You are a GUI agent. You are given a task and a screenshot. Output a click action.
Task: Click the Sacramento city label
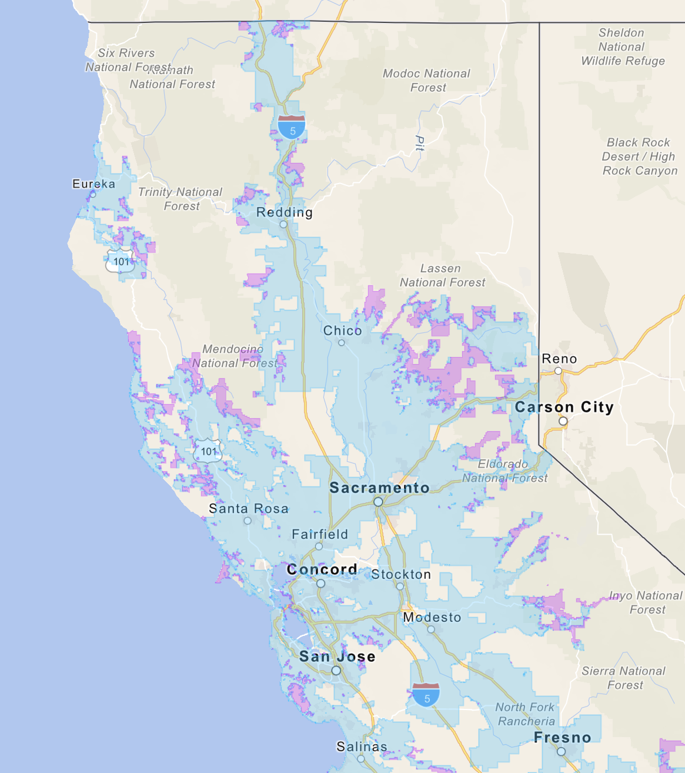coord(379,488)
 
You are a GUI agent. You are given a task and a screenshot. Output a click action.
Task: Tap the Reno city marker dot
coord(558,371)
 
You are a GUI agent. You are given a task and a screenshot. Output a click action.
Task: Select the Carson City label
coord(564,407)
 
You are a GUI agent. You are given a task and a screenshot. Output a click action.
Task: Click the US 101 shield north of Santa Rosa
coord(208,451)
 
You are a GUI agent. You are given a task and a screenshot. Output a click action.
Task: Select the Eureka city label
coord(93,184)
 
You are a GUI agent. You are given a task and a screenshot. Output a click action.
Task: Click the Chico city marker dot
coord(341,342)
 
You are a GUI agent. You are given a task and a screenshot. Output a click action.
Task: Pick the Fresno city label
coord(562,738)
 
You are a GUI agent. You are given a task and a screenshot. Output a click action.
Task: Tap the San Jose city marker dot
coord(336,671)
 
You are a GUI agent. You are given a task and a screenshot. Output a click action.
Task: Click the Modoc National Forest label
coord(427,81)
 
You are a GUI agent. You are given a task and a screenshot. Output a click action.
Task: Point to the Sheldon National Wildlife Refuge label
coord(622,47)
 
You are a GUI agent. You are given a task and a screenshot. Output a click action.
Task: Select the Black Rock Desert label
coord(640,156)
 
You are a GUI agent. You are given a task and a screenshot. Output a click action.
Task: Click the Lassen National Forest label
coord(442,275)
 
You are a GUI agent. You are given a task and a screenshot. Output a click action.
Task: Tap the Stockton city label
coord(401,574)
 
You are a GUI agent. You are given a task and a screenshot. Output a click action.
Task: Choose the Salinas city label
coord(362,747)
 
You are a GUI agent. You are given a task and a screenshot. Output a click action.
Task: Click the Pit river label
coord(420,143)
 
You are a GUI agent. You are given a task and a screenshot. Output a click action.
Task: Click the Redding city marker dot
coord(283,225)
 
